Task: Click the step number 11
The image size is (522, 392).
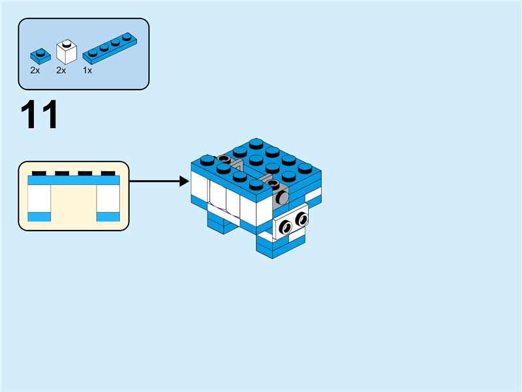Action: pyautogui.click(x=40, y=115)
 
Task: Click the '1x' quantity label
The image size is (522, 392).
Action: pyautogui.click(x=87, y=70)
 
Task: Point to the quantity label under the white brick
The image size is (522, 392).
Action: pyautogui.click(x=61, y=70)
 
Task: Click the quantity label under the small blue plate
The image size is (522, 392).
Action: pyautogui.click(x=35, y=70)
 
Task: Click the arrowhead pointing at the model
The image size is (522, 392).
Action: pyautogui.click(x=185, y=181)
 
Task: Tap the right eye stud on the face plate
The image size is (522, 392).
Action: pyautogui.click(x=301, y=219)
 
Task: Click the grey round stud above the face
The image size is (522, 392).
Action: pyautogui.click(x=283, y=195)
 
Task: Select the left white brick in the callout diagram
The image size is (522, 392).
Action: pyautogui.click(x=39, y=199)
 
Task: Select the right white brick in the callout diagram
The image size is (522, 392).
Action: pyautogui.click(x=108, y=199)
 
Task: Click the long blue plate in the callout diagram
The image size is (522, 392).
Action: pyautogui.click(x=74, y=180)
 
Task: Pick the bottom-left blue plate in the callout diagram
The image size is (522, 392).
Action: pyautogui.click(x=39, y=216)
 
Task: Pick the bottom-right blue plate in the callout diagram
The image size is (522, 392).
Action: pyautogui.click(x=108, y=216)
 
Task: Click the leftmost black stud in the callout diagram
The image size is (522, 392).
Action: pyautogui.click(x=39, y=172)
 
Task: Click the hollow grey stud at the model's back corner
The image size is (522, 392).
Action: pyautogui.click(x=224, y=159)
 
